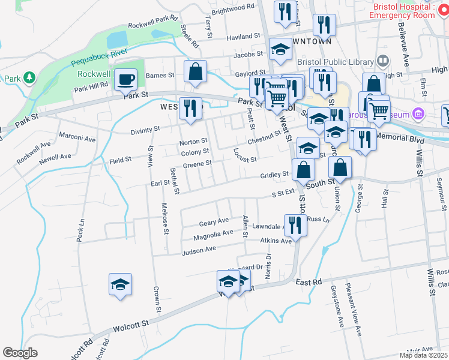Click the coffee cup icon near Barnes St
pos(126,79)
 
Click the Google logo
pos(20,353)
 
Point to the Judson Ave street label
pos(198,250)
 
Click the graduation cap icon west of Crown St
pos(120,284)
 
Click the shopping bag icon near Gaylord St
pos(196,71)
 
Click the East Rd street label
pos(309,281)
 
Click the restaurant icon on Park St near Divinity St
pos(191,108)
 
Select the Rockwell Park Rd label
pos(154,23)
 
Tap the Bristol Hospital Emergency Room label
pos(403,10)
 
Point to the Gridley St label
pos(275,175)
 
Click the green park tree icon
pos(28,79)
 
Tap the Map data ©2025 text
pos(424,355)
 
